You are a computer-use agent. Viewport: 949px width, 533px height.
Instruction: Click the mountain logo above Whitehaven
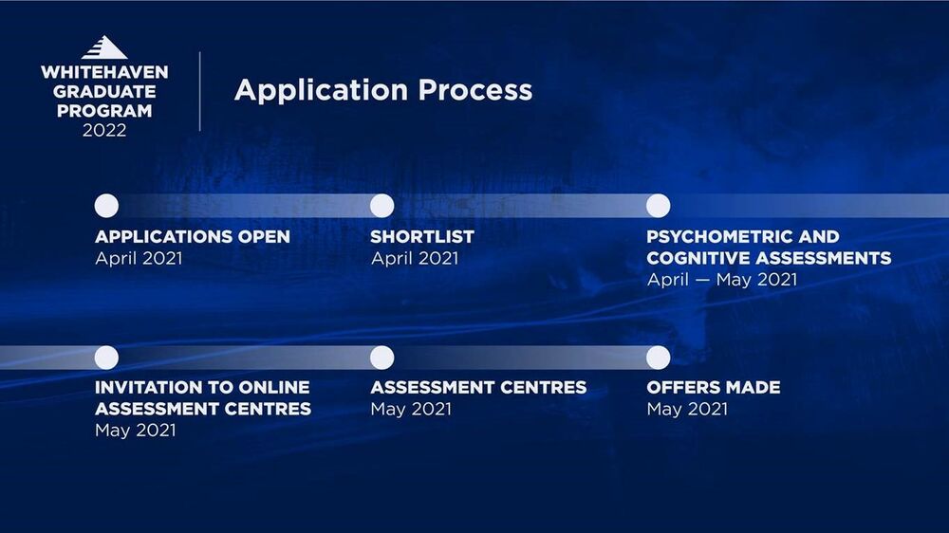(104, 47)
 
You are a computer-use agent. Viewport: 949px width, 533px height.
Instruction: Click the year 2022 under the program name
(104, 130)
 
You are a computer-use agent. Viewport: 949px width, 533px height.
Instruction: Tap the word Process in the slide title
(475, 89)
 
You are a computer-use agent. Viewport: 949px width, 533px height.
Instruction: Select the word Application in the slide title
(321, 90)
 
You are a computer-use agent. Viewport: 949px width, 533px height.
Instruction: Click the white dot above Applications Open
(106, 206)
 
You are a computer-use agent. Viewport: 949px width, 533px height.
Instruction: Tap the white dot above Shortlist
(381, 206)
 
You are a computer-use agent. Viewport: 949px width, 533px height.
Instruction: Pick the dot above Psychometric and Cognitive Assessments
(658, 206)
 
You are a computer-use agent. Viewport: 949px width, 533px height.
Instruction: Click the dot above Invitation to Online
(106, 358)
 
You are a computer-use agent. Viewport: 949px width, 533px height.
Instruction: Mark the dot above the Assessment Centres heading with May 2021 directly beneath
(381, 358)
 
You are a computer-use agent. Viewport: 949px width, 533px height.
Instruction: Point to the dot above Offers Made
(658, 358)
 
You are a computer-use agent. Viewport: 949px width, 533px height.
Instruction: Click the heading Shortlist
(422, 236)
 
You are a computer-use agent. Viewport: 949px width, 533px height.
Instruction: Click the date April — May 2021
(722, 280)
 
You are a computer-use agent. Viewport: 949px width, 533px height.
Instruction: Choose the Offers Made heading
(714, 387)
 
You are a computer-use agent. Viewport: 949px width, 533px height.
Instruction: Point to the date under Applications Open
(139, 258)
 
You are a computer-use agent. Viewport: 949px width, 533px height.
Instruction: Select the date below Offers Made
(687, 409)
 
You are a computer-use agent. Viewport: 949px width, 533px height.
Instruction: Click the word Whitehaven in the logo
(104, 72)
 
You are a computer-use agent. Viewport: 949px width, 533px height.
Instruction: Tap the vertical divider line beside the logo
(199, 91)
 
